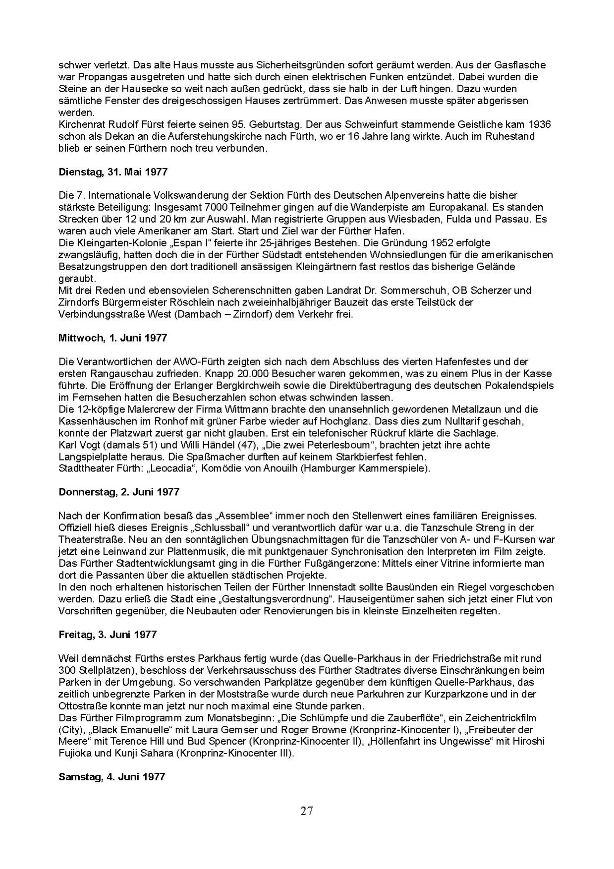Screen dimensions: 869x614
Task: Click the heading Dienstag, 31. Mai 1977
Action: (x=113, y=172)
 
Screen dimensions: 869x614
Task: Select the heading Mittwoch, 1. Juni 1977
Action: (x=112, y=338)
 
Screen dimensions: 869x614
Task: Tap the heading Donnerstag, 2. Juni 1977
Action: (x=119, y=492)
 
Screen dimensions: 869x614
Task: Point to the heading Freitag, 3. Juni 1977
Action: (x=108, y=635)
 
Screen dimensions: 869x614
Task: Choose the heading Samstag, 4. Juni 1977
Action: (x=112, y=776)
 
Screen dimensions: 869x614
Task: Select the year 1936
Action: (x=540, y=124)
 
